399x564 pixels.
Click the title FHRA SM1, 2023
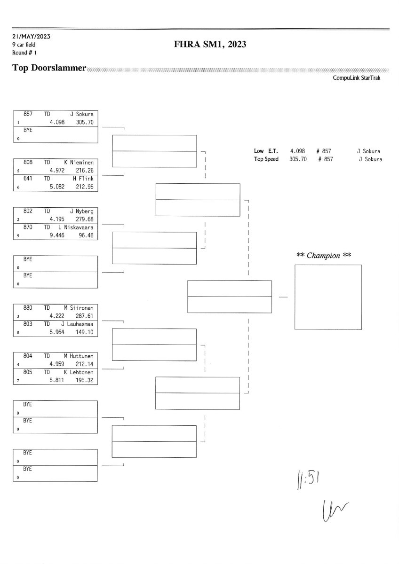pyautogui.click(x=210, y=44)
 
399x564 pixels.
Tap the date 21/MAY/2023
pyautogui.click(x=32, y=37)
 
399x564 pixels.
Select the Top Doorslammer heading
pyautogui.click(x=49, y=68)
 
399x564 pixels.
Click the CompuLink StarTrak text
pyautogui.click(x=357, y=78)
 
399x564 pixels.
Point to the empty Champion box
pyautogui.click(x=328, y=297)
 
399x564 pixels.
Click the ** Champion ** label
pyautogui.click(x=324, y=256)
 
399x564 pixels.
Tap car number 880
pyautogui.click(x=28, y=307)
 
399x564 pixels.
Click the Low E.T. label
pyautogui.click(x=266, y=151)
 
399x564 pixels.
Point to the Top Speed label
pyautogui.click(x=266, y=159)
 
